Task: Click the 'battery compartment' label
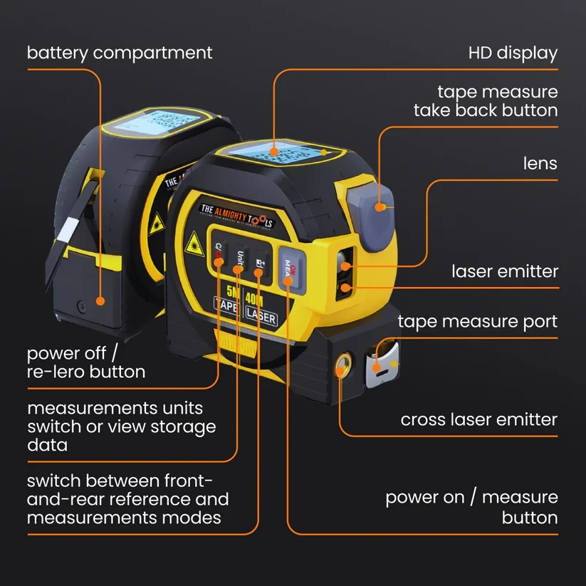(120, 53)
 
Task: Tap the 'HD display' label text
(513, 53)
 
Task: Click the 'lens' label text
(540, 164)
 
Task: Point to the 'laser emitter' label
(505, 271)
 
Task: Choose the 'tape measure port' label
(477, 322)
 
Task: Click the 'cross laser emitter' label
(478, 419)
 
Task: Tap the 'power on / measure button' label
(471, 507)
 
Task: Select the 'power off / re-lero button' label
(86, 362)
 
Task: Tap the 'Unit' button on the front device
(240, 261)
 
